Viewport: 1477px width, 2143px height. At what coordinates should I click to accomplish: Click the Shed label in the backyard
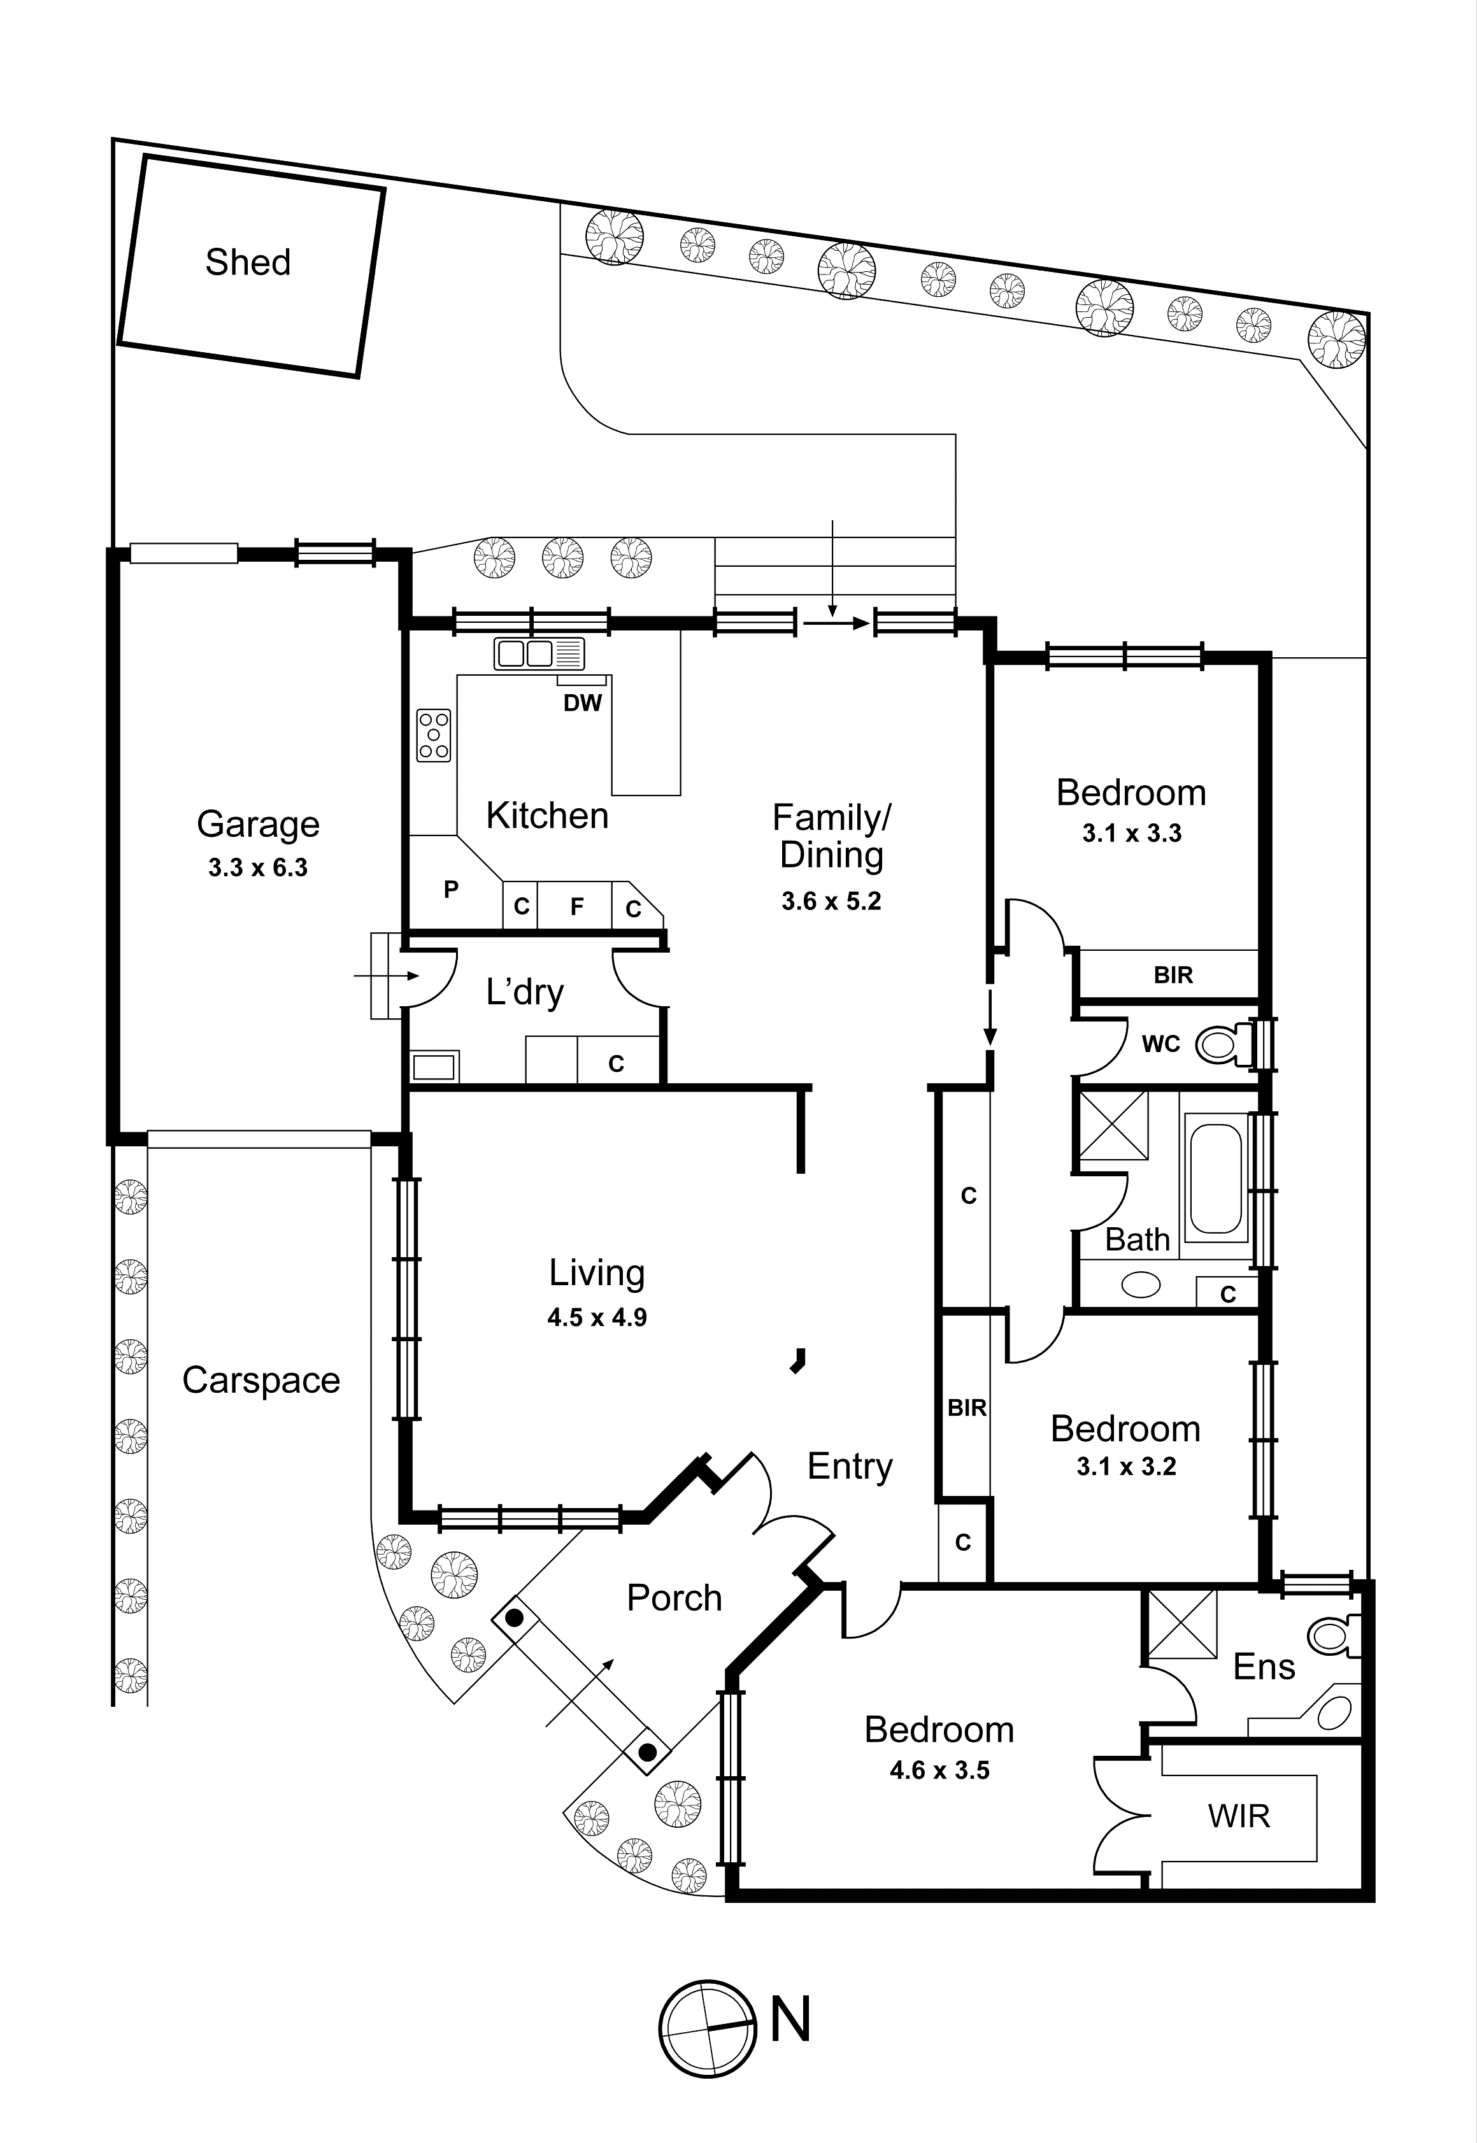click(x=248, y=263)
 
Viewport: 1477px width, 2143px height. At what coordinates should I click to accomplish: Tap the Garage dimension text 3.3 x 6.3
click(x=257, y=868)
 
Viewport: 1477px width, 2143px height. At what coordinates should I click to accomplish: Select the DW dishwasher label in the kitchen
click(x=582, y=703)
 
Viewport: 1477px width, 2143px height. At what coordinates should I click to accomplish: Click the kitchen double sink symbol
click(x=539, y=653)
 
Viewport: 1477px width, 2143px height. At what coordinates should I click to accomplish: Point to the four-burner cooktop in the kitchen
click(x=434, y=736)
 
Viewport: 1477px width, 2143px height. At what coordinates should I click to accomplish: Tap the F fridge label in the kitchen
click(x=576, y=907)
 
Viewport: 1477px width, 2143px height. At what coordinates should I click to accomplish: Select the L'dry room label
click(x=525, y=993)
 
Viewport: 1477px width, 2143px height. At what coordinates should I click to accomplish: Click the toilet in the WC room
click(x=1220, y=1046)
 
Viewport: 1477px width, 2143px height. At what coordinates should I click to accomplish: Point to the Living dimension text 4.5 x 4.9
click(x=597, y=1318)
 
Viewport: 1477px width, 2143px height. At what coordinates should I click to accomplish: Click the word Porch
click(x=674, y=1598)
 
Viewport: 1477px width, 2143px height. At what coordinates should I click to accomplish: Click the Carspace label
click(x=261, y=1381)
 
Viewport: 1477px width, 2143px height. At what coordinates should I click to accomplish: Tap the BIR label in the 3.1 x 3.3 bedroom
click(x=1173, y=975)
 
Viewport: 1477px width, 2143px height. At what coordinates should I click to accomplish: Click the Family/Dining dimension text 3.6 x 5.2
click(x=831, y=901)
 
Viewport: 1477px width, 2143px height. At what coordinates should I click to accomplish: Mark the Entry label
click(x=850, y=1467)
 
